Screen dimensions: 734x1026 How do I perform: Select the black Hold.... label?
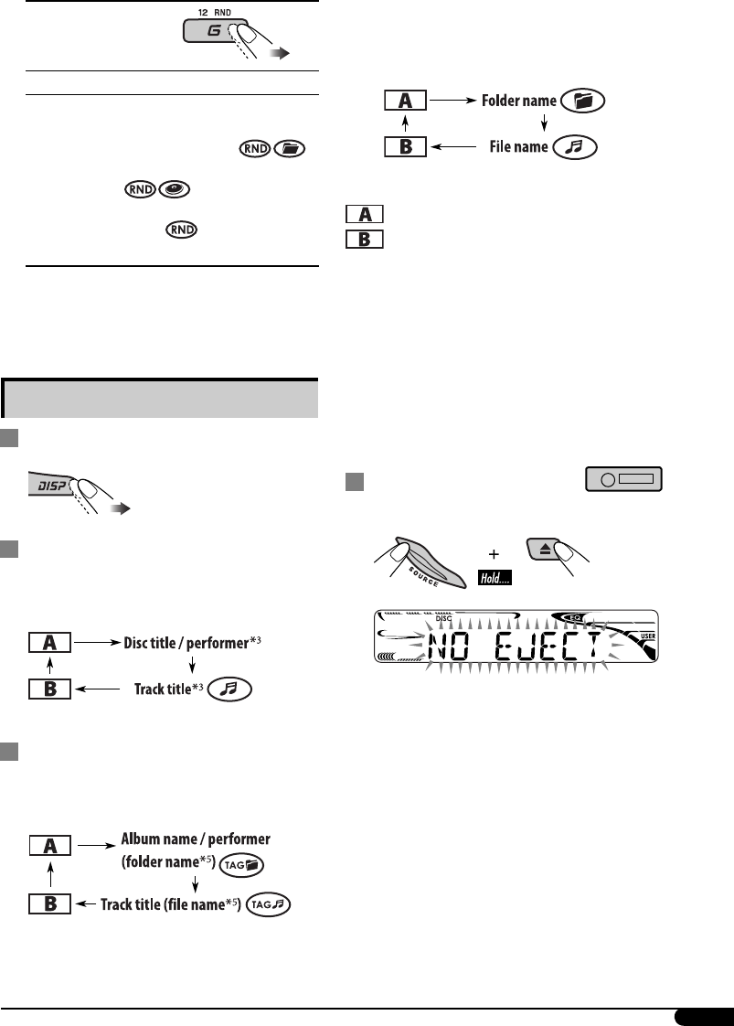coord(495,577)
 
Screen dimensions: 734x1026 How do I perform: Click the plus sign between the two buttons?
coord(495,552)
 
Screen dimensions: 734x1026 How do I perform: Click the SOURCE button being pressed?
coord(417,559)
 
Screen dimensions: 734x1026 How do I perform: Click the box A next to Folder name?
coord(404,101)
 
